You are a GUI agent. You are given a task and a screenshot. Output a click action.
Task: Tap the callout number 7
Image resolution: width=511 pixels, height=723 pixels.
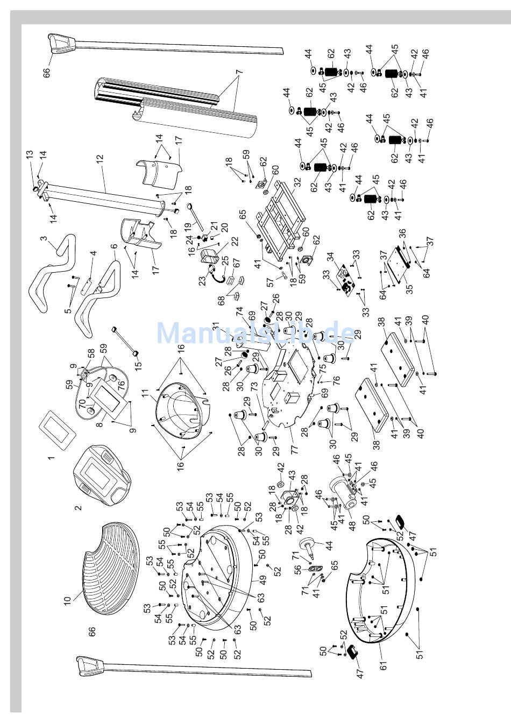click(x=239, y=72)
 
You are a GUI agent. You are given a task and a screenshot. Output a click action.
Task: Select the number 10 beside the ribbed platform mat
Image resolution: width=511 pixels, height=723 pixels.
click(x=67, y=600)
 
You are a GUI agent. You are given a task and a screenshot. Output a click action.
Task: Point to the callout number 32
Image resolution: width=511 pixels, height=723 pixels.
click(x=297, y=182)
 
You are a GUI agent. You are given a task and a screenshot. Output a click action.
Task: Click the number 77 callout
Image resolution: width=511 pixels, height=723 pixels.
click(x=295, y=450)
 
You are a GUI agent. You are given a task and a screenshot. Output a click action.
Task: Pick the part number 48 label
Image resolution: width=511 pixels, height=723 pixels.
click(x=352, y=526)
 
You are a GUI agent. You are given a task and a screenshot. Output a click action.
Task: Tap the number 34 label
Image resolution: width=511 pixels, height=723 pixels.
click(x=330, y=257)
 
